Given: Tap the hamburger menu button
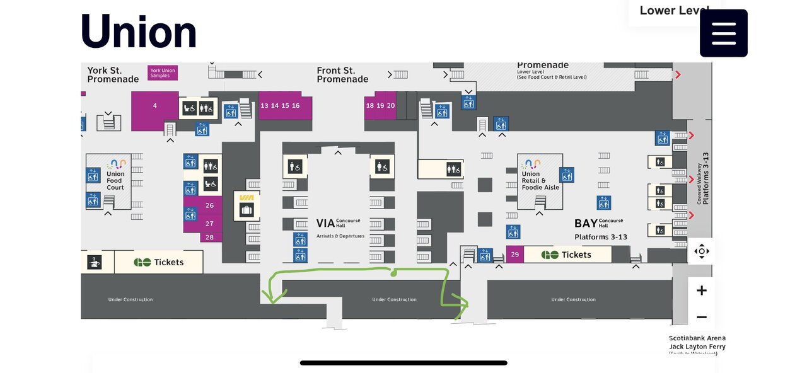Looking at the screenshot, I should (723, 33).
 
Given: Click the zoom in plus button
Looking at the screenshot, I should (701, 290).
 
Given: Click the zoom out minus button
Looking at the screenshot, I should (701, 317).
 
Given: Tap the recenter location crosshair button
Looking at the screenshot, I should (701, 251).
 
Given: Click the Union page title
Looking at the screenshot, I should (139, 32).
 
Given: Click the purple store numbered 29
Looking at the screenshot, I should (514, 255).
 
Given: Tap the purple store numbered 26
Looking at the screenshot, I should (209, 205).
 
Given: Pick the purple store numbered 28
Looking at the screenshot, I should (209, 238).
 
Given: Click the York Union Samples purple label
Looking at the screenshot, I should (163, 73).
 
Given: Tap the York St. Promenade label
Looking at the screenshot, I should (113, 75).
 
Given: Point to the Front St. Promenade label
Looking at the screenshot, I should (342, 75).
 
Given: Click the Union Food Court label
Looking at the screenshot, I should (115, 180).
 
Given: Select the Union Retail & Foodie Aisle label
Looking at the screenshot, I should (540, 180).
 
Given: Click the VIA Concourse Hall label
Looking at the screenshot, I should (339, 223).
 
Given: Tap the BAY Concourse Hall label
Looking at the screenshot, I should (598, 223).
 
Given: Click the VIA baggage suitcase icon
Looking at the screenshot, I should (247, 209).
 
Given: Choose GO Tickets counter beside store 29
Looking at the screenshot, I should (567, 255).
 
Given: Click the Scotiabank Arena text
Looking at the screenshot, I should (697, 338).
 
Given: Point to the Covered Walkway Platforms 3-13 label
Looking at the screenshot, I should (702, 178).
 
